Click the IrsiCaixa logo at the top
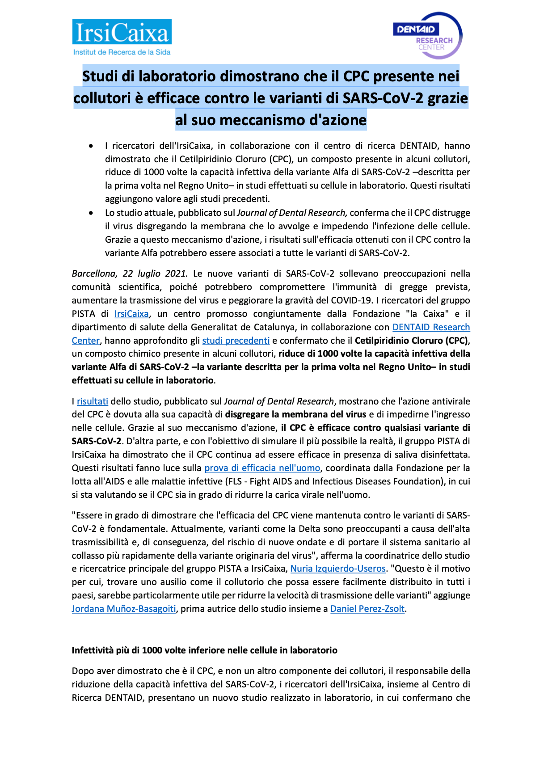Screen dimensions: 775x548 [122, 33]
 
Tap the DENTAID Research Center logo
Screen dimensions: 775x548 [428, 35]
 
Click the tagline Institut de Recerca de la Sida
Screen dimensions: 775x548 [122, 52]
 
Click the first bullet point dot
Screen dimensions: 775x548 [91, 146]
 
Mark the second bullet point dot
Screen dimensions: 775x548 [91, 213]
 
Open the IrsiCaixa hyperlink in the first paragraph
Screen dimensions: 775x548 [131, 314]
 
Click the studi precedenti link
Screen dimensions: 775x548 [236, 341]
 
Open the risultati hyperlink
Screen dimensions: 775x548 [93, 401]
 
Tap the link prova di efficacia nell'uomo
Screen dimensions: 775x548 [262, 468]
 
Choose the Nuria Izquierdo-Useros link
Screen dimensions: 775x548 [338, 569]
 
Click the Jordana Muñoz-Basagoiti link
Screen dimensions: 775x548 [124, 609]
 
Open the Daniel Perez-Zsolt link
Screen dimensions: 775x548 [367, 609]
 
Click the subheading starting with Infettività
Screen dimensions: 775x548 [204, 650]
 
